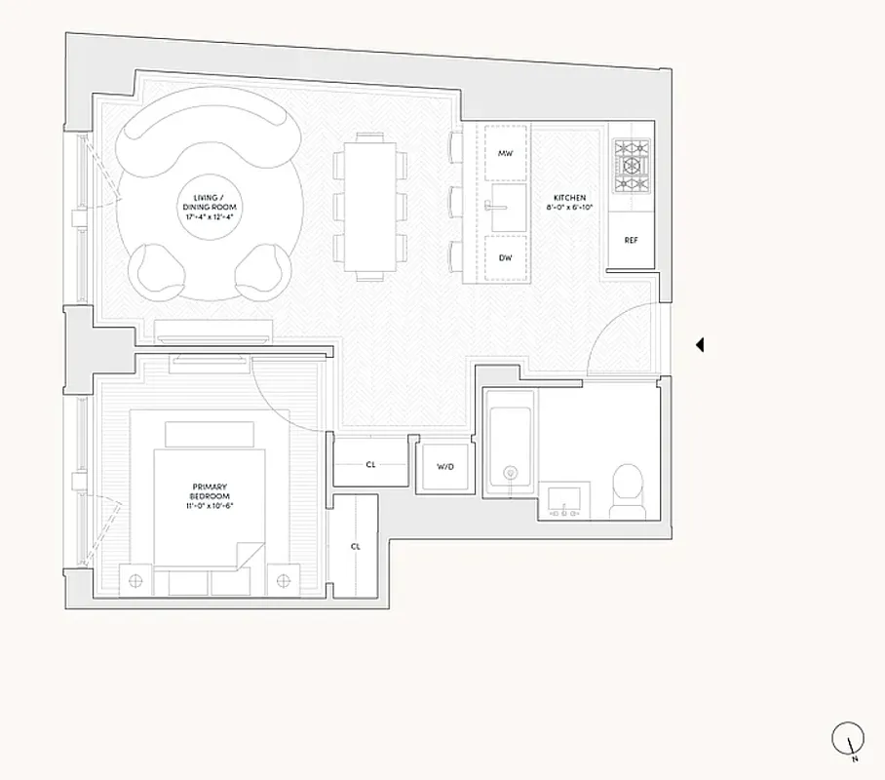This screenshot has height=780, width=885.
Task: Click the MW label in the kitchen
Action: click(x=505, y=154)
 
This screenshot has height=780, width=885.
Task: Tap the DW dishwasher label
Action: click(x=505, y=258)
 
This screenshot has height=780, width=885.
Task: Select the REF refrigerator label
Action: click(x=631, y=240)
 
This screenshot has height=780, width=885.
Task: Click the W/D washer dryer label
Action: click(x=445, y=467)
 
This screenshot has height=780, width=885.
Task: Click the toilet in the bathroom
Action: click(x=628, y=487)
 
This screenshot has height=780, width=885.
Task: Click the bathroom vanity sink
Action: click(x=563, y=499)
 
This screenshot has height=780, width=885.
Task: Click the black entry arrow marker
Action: click(x=698, y=344)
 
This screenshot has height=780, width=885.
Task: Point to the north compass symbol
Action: click(x=847, y=738)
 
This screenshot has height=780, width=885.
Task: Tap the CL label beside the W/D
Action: click(x=370, y=464)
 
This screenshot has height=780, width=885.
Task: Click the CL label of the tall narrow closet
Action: click(x=355, y=546)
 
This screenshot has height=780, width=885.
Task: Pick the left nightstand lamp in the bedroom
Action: click(x=135, y=581)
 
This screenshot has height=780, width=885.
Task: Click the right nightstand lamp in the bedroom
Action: click(x=284, y=581)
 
